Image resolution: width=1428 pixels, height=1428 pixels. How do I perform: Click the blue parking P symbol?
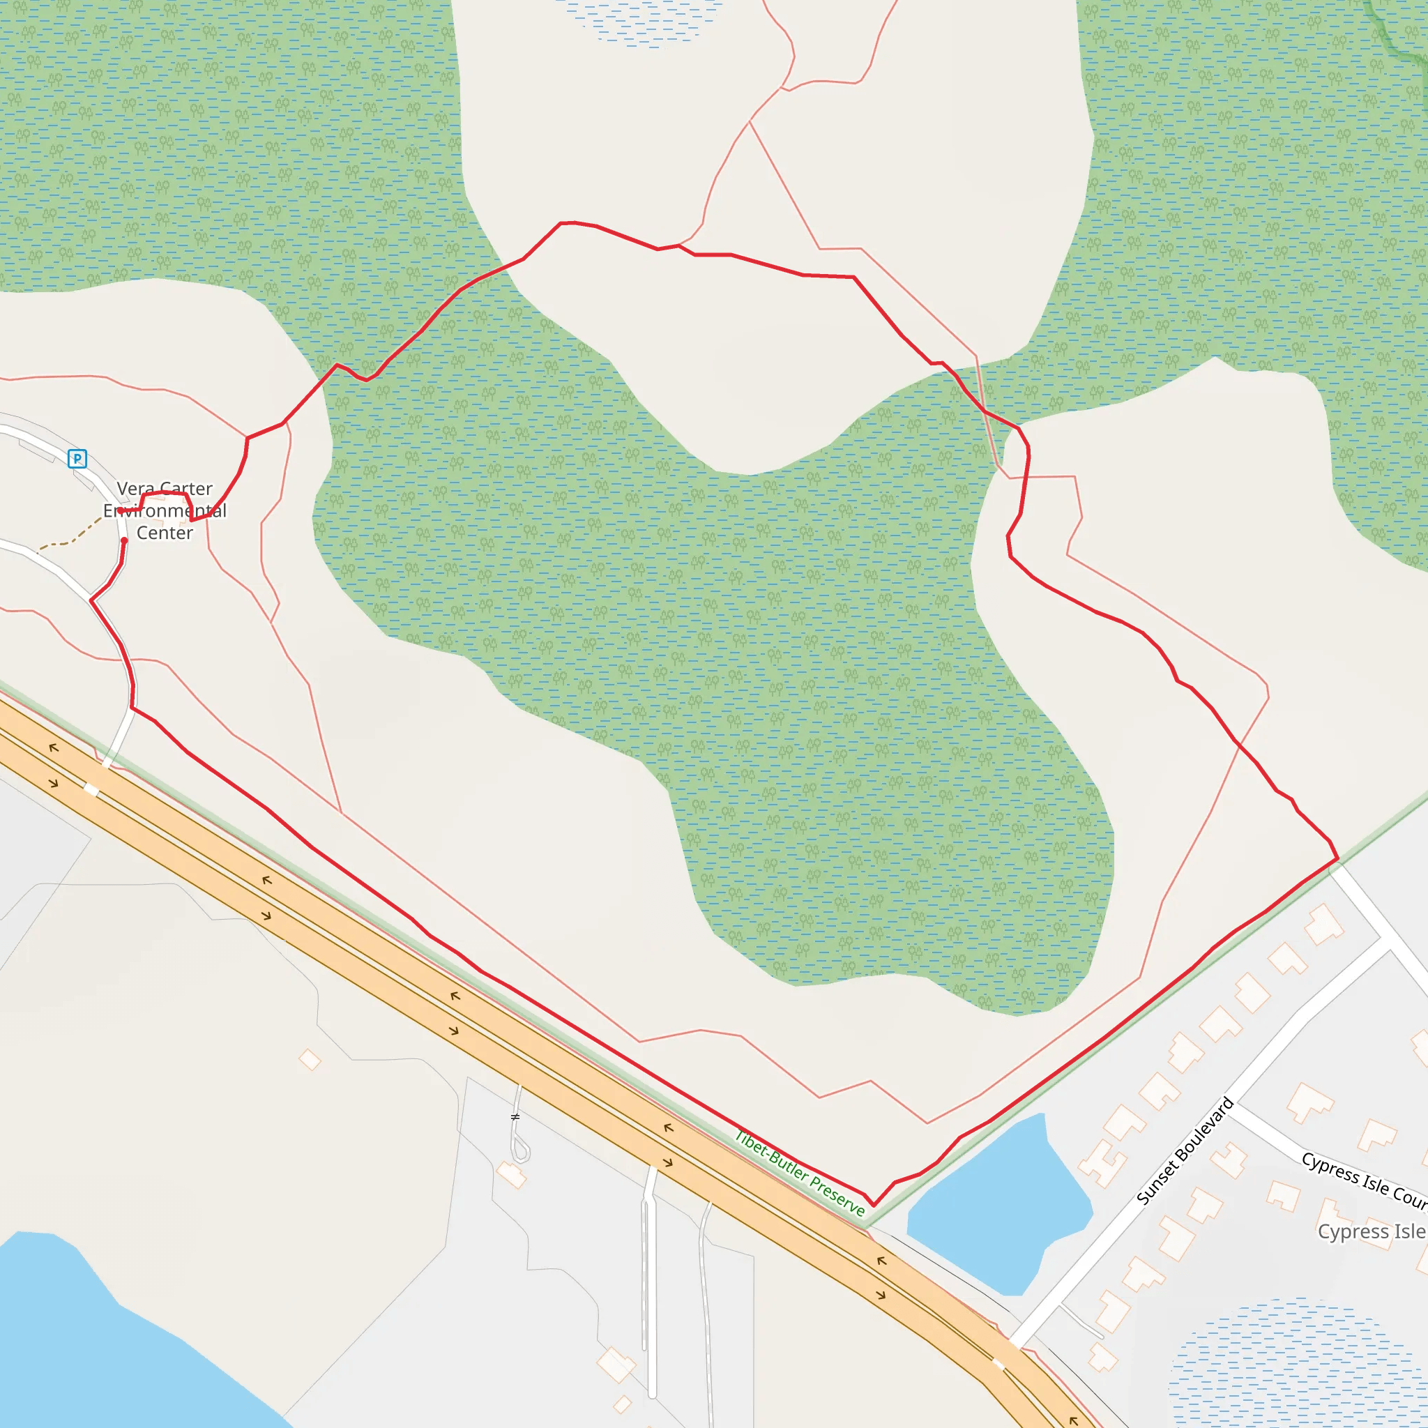[x=77, y=458]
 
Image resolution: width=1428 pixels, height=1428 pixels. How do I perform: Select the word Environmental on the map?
[x=165, y=510]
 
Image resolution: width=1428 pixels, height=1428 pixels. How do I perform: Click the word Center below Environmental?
[x=165, y=533]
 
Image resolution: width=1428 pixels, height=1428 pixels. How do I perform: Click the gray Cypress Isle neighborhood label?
[x=1372, y=1231]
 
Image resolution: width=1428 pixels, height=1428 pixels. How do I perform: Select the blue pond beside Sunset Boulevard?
[x=998, y=1212]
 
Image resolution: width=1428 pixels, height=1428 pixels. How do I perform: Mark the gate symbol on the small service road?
[x=515, y=1117]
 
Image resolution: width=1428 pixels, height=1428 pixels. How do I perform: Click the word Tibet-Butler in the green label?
[x=768, y=1155]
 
